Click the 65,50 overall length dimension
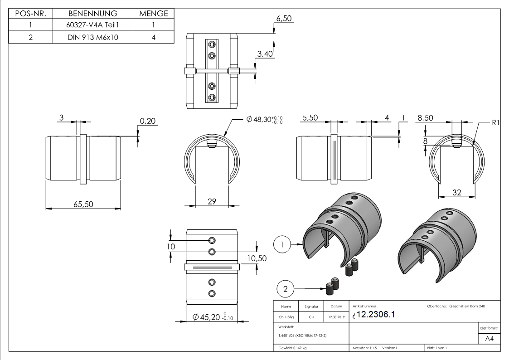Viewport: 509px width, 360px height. pyautogui.click(x=83, y=204)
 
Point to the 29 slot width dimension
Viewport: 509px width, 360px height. pyautogui.click(x=212, y=201)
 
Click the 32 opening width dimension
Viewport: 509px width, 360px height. pyautogui.click(x=456, y=193)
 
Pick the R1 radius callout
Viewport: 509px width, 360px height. pyautogui.click(x=495, y=122)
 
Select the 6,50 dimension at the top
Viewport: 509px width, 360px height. pyautogui.click(x=284, y=19)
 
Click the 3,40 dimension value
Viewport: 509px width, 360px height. pyautogui.click(x=265, y=54)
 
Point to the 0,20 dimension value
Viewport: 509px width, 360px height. pyautogui.click(x=147, y=121)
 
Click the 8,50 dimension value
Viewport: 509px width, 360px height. pyautogui.click(x=425, y=118)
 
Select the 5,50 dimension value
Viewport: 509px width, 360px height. pyautogui.click(x=310, y=118)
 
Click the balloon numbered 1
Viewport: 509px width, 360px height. pyautogui.click(x=282, y=245)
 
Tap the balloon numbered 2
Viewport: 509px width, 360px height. pyautogui.click(x=285, y=287)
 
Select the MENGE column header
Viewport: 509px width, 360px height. pyautogui.click(x=154, y=14)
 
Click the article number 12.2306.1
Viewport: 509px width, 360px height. pyautogui.click(x=376, y=315)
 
